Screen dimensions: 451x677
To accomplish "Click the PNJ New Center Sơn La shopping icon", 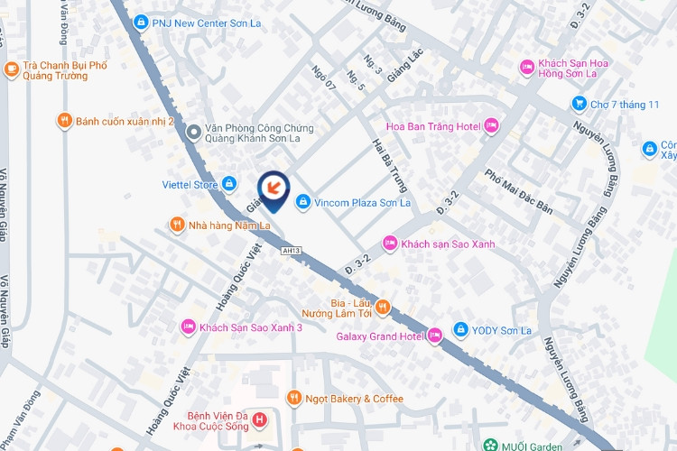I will tap(140, 22).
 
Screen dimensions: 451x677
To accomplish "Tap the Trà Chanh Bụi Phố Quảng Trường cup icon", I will tap(11, 68).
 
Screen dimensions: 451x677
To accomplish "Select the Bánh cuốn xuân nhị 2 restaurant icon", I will tap(63, 121).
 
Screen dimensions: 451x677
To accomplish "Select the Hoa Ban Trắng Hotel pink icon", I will tap(491, 125).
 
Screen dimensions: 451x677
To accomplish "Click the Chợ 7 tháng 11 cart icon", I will tap(579, 104).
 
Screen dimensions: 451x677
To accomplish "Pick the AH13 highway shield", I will tap(291, 251).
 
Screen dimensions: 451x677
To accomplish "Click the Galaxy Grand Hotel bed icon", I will tap(435, 336).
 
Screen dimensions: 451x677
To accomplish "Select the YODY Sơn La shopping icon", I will tap(460, 329).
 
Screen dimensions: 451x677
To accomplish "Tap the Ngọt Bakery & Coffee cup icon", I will tap(293, 398).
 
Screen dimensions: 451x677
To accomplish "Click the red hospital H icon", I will tap(260, 419).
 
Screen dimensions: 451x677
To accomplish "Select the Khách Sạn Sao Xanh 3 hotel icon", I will tap(188, 327).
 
